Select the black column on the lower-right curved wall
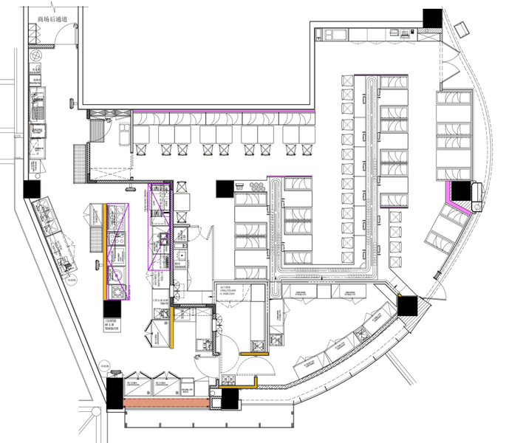(x=408, y=304)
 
